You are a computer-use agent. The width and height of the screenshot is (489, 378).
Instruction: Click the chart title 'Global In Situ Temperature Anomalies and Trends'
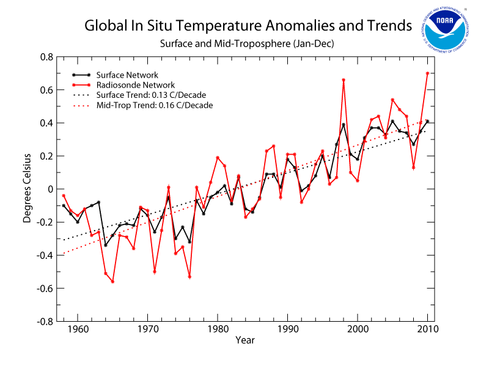pyautogui.click(x=248, y=27)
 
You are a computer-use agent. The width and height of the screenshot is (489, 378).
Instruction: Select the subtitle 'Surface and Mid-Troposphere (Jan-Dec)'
pyautogui.click(x=248, y=44)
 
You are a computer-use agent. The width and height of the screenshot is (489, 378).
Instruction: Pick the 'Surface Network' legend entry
pyautogui.click(x=123, y=75)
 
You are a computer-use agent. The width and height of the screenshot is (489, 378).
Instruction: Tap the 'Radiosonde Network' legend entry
pyautogui.click(x=128, y=85)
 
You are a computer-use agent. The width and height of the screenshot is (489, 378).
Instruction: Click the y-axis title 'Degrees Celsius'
pyautogui.click(x=28, y=189)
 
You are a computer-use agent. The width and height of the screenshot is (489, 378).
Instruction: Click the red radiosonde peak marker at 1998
pyautogui.click(x=344, y=80)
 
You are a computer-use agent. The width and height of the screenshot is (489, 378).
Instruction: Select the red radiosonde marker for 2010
pyautogui.click(x=427, y=73)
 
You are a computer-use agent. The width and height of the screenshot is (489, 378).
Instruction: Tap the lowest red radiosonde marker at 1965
pyautogui.click(x=112, y=281)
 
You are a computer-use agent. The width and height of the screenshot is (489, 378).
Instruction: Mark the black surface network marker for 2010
pyautogui.click(x=427, y=121)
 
